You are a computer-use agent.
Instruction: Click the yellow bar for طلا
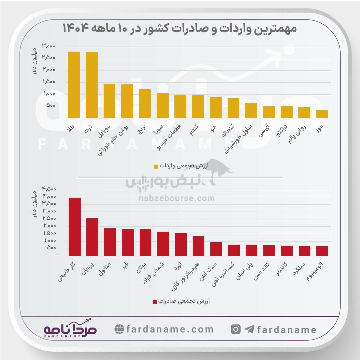[74, 85]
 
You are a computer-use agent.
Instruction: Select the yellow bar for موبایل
[109, 101]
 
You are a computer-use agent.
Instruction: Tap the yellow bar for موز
[322, 114]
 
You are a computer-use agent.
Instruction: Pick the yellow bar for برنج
[145, 103]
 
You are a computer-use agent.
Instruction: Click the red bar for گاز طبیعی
[74, 227]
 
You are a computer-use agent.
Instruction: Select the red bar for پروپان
[92, 237]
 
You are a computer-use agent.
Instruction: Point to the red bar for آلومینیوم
[322, 251]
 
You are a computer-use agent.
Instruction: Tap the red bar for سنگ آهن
[216, 249]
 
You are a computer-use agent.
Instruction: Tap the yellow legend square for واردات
[156, 166]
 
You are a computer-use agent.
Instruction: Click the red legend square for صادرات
[154, 302]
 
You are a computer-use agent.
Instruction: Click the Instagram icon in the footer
[236, 329]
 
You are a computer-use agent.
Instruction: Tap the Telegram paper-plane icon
[249, 329]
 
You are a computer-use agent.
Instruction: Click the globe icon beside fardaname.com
[119, 329]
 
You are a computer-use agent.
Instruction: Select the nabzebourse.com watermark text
[177, 199]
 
